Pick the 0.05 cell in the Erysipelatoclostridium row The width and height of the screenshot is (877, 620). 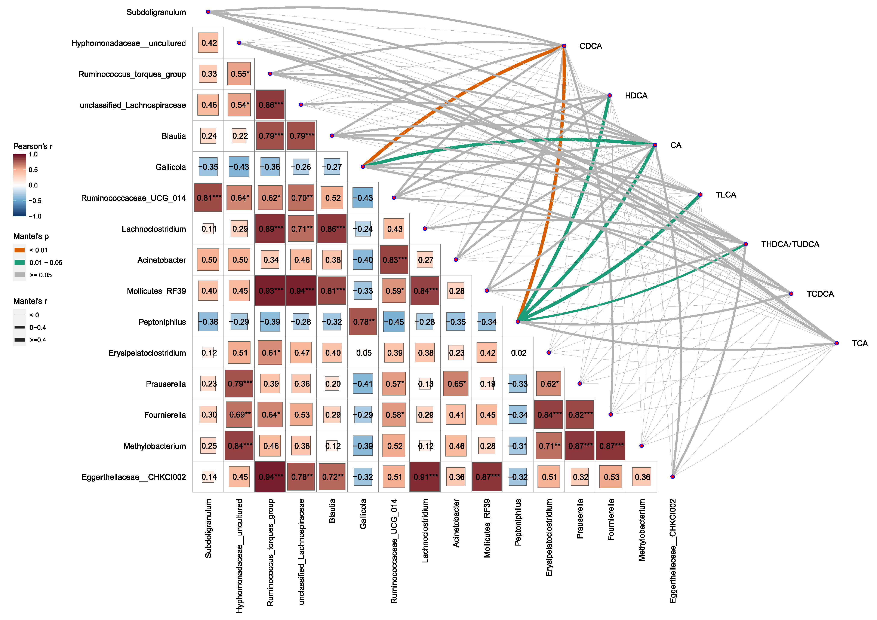tap(363, 353)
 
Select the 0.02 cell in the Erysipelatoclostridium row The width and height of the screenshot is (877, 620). tap(518, 353)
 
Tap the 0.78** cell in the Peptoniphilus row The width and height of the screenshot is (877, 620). tap(363, 322)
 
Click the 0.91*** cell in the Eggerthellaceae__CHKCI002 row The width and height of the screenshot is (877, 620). tap(425, 477)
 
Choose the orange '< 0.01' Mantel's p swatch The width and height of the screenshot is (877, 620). tap(19, 250)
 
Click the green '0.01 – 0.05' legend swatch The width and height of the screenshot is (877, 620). tap(19, 263)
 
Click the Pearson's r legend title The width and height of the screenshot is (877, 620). tap(33, 146)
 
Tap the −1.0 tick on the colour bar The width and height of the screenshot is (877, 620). tap(35, 216)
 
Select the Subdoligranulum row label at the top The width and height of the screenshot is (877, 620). tap(156, 12)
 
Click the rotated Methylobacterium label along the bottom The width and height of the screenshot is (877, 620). tap(642, 530)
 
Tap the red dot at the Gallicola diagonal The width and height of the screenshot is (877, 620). tap(363, 167)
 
